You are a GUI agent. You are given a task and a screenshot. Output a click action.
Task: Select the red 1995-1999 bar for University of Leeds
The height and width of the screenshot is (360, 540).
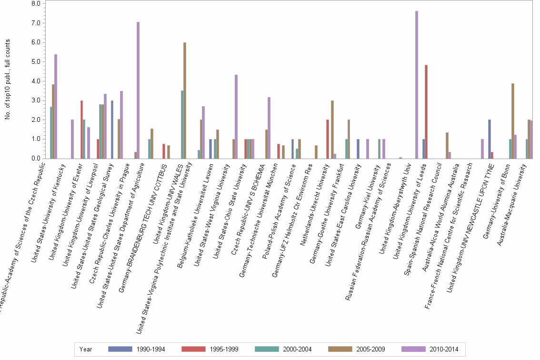pyautogui.click(x=426, y=111)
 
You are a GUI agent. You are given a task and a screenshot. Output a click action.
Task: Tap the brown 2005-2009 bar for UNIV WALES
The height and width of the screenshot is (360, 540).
pyautogui.click(x=185, y=100)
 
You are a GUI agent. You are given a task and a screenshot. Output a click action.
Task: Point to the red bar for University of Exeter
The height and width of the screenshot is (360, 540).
pyautogui.click(x=82, y=129)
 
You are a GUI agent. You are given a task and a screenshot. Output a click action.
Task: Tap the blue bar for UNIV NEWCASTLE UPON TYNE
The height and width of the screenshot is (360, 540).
pyautogui.click(x=489, y=139)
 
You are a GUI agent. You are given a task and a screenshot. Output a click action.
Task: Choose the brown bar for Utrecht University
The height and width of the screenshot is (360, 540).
pyautogui.click(x=332, y=129)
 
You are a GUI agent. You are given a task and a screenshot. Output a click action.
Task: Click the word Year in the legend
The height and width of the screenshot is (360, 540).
pyautogui.click(x=86, y=349)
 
